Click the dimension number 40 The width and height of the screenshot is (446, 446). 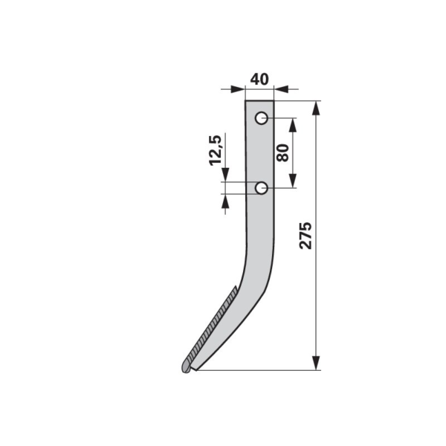click(x=259, y=80)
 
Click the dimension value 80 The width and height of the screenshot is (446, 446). click(x=282, y=152)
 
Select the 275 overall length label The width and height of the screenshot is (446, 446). click(x=306, y=236)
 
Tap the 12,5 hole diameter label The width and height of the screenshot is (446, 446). click(x=215, y=150)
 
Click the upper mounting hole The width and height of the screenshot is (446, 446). click(x=261, y=118)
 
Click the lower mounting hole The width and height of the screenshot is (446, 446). click(x=261, y=188)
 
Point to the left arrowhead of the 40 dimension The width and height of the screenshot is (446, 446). click(x=238, y=89)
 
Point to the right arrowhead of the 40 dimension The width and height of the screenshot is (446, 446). click(x=281, y=89)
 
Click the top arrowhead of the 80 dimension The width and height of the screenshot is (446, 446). click(x=293, y=126)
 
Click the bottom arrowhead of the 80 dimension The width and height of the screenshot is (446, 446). click(x=293, y=181)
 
